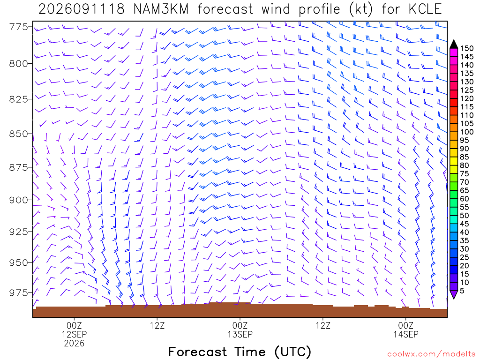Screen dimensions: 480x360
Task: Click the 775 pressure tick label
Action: click(18, 27)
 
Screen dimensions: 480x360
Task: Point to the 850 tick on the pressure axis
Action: click(18, 134)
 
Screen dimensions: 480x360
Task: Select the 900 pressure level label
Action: click(18, 200)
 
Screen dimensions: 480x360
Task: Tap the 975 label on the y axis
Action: click(18, 292)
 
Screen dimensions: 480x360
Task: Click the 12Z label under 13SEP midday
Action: click(323, 325)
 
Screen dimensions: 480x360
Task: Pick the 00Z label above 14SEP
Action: click(406, 325)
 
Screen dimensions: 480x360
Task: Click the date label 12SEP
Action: click(75, 334)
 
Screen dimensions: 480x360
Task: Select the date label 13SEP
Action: click(240, 334)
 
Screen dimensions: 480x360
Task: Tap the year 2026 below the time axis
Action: click(75, 343)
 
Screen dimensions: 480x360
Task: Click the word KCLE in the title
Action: click(425, 9)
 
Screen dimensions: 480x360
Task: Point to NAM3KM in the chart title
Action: click(161, 9)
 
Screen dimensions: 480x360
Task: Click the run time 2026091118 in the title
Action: click(82, 9)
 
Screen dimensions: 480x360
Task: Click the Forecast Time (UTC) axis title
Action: click(240, 352)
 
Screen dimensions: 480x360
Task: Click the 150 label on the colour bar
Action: click(466, 48)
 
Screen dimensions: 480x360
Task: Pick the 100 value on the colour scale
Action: click(466, 132)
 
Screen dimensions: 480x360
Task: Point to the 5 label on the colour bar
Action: click(462, 291)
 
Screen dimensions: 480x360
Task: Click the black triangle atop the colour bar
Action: click(454, 44)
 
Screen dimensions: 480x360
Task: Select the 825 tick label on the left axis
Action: click(18, 99)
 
